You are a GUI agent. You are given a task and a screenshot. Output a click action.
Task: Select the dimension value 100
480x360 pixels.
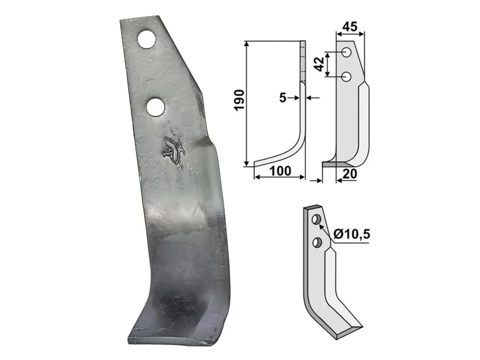(x=281, y=171)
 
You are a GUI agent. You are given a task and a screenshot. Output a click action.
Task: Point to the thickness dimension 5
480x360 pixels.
(x=283, y=98)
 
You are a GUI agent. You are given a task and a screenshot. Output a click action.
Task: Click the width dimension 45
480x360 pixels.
(x=350, y=27)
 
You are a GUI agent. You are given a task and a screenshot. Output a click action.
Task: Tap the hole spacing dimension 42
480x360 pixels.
(x=320, y=64)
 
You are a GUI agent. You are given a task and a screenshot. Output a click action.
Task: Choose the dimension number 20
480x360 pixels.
(x=350, y=174)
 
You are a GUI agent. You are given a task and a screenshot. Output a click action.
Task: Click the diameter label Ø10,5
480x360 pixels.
(x=352, y=234)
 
